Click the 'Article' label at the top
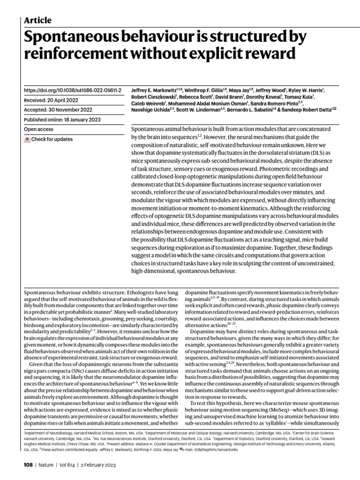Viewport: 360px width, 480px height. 37,20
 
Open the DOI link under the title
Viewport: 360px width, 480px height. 72,90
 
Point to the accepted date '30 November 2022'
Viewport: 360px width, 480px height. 68,110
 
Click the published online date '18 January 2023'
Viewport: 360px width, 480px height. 81,120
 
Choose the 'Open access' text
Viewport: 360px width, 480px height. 38,129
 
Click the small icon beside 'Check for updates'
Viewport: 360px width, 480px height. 27,139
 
